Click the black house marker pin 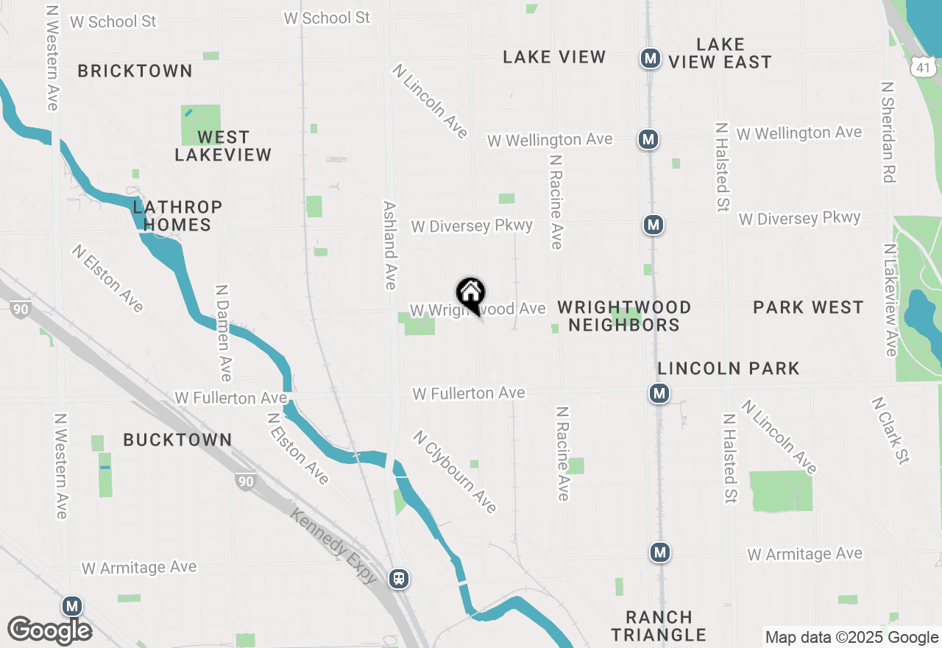(x=471, y=295)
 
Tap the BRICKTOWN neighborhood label (x=135, y=71)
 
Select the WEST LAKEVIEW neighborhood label (x=223, y=146)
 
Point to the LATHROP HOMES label (x=177, y=216)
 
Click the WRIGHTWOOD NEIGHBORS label (x=624, y=316)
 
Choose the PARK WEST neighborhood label (x=808, y=307)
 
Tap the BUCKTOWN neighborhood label (x=177, y=440)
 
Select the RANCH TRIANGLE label (x=659, y=626)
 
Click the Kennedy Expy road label (x=335, y=546)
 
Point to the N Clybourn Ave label (x=455, y=472)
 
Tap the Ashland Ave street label (x=390, y=245)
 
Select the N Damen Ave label (x=223, y=333)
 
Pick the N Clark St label (x=890, y=431)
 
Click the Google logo (x=50, y=630)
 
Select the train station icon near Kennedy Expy (x=399, y=578)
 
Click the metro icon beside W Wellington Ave (x=648, y=139)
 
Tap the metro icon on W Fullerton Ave (x=659, y=393)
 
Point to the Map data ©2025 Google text (x=851, y=638)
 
